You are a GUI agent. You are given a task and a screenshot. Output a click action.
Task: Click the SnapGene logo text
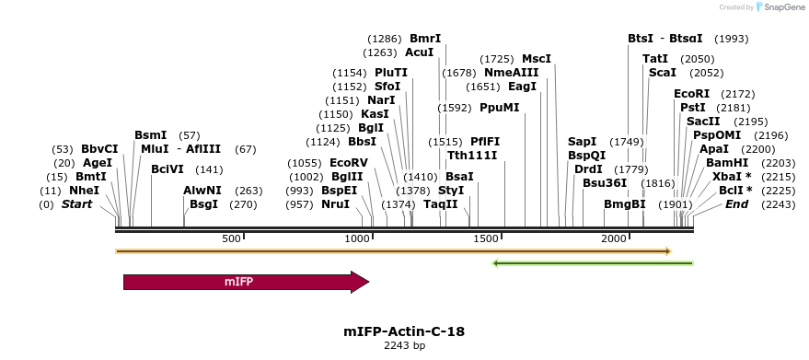pyautogui.click(x=780, y=6)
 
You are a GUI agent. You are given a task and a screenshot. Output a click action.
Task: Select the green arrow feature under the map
pyautogui.click(x=593, y=263)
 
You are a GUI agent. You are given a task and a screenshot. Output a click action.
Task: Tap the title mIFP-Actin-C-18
pyautogui.click(x=404, y=331)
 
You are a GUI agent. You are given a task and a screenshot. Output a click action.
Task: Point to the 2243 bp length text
pyautogui.click(x=404, y=346)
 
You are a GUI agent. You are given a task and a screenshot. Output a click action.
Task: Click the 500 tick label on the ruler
pyautogui.click(x=231, y=238)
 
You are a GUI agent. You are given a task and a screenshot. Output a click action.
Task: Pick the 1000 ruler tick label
pyautogui.click(x=357, y=238)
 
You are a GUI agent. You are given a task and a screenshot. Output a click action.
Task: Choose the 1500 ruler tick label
pyautogui.click(x=485, y=238)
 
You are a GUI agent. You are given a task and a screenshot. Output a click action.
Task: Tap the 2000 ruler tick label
pyautogui.click(x=614, y=238)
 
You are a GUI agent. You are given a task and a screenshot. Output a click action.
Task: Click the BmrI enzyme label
pyautogui.click(x=425, y=39)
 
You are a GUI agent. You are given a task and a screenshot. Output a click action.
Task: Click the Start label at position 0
pyautogui.click(x=78, y=204)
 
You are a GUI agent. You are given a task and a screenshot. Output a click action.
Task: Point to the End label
pyautogui.click(x=737, y=204)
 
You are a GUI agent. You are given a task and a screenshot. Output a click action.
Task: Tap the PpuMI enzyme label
pyautogui.click(x=500, y=108)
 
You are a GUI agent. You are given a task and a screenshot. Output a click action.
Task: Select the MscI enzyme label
pyautogui.click(x=537, y=59)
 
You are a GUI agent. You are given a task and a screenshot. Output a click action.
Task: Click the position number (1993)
pyautogui.click(x=732, y=39)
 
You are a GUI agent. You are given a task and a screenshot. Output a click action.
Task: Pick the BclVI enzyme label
pyautogui.click(x=168, y=169)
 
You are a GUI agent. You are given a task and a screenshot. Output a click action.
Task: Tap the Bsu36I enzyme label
pyautogui.click(x=605, y=183)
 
